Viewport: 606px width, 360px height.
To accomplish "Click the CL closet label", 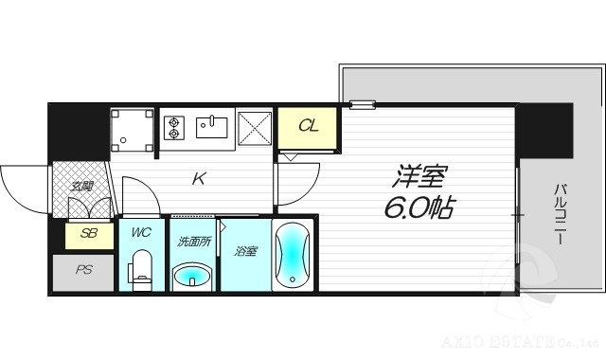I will coord(308,126).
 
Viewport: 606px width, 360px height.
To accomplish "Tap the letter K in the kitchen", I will coord(200,178).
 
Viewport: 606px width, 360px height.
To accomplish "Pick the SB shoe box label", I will coord(82,233).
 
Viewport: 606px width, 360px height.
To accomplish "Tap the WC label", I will coord(141,231).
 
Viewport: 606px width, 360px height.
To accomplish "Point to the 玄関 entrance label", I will coord(80,186).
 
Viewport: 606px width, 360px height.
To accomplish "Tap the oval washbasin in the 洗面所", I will coord(193,276).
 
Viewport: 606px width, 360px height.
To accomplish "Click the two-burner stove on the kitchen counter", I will coord(175,128).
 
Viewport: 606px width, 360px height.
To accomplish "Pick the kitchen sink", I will coord(214,126).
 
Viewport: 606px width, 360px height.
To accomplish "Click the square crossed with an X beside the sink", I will coord(255,129).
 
